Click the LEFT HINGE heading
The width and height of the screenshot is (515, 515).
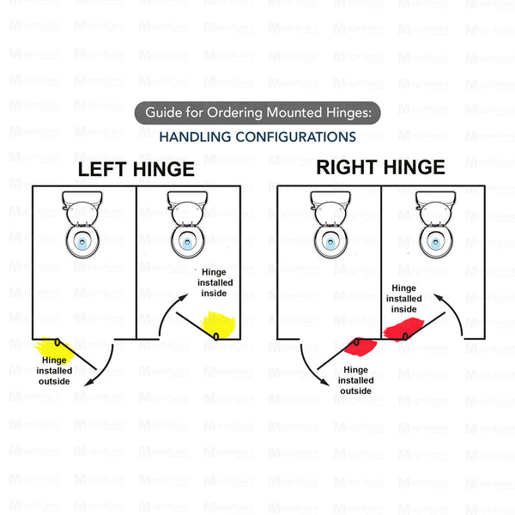coord(136,169)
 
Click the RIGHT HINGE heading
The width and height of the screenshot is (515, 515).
coord(380,167)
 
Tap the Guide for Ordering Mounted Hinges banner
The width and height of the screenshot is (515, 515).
coord(257,113)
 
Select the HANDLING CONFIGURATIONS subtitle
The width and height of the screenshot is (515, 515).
coord(257,136)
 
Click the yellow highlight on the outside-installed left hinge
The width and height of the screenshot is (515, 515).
coord(53,348)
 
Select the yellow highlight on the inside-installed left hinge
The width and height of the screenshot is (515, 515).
coord(220,324)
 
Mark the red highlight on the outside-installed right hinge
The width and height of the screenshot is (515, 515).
coord(358,348)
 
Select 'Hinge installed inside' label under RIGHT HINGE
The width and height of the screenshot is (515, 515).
coord(404,299)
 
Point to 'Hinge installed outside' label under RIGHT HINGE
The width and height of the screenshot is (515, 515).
coord(356,380)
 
